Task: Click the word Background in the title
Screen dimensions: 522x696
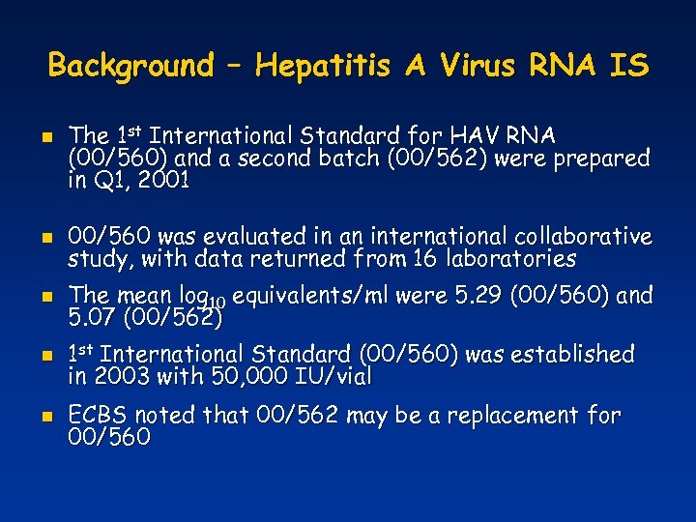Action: [x=130, y=66]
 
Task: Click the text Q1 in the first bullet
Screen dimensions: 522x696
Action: [x=103, y=181]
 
